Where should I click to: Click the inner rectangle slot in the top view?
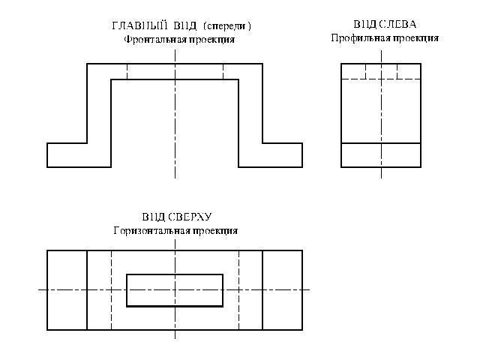[175, 290]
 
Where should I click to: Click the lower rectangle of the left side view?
[381, 154]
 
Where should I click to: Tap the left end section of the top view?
[67, 290]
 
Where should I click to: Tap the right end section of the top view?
[282, 290]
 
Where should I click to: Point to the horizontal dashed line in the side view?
[381, 79]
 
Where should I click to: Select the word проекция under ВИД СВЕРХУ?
[215, 231]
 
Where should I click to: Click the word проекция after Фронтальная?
[212, 40]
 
